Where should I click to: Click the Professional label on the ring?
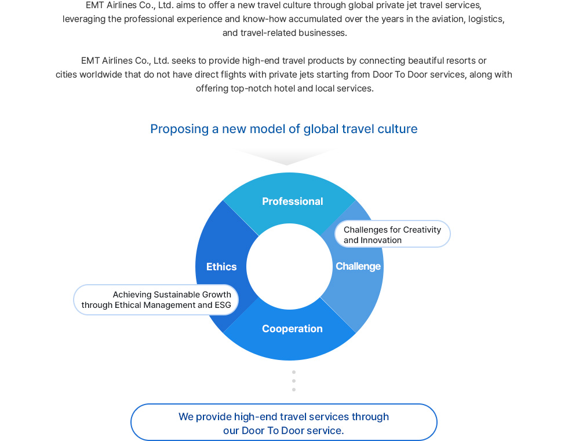[x=292, y=201]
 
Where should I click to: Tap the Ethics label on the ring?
[x=221, y=267]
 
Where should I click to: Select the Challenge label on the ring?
[x=358, y=266]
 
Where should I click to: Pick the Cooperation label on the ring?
[x=292, y=329]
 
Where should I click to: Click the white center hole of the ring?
[x=289, y=266]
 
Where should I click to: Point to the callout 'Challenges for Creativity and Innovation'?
[x=392, y=234]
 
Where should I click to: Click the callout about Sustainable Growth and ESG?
[x=156, y=300]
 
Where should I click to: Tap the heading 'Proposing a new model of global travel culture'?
[x=284, y=129]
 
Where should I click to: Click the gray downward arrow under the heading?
[x=286, y=156]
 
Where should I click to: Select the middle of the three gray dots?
[x=294, y=381]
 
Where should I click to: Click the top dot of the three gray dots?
[x=294, y=372]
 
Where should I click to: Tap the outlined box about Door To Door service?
[x=284, y=422]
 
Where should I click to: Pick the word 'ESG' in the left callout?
[x=223, y=305]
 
